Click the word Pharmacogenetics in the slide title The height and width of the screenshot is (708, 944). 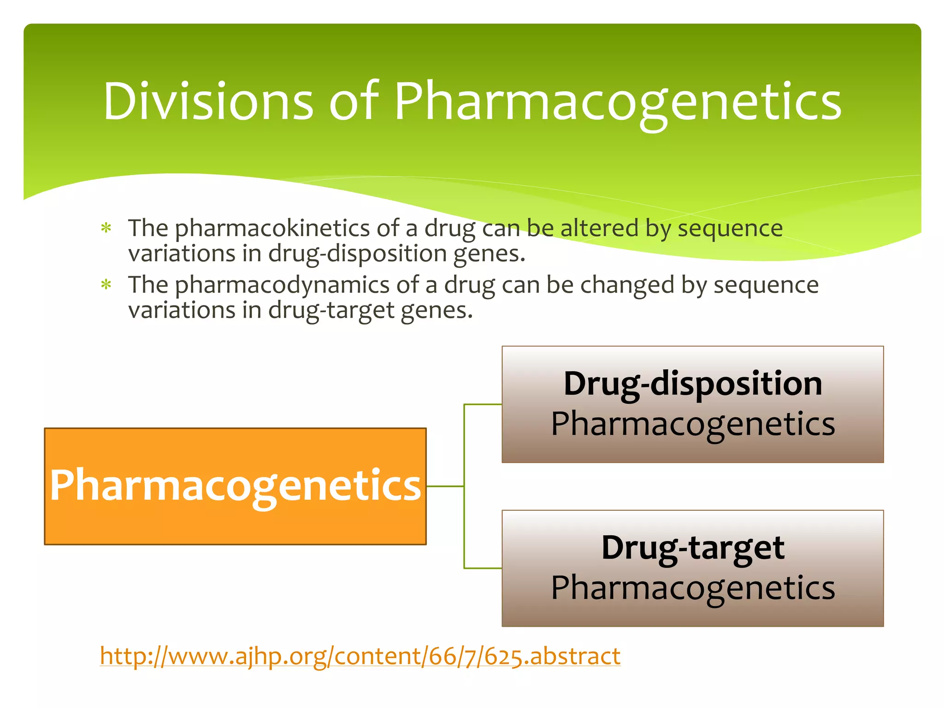click(618, 102)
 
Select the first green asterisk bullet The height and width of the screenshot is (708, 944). click(106, 229)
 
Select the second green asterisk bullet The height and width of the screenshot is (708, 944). click(106, 285)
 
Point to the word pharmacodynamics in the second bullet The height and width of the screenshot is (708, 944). click(282, 285)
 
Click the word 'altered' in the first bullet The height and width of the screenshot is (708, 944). click(599, 228)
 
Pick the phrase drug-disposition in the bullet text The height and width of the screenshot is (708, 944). click(357, 254)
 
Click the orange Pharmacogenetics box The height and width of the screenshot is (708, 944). click(235, 486)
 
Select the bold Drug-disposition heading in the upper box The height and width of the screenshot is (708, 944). click(692, 384)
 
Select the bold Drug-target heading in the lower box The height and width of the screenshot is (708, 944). click(692, 548)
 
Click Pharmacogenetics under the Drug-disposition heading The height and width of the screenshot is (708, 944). click(692, 424)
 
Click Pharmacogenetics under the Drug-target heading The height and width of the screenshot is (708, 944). click(692, 588)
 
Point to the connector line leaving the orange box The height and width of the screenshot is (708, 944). click(445, 486)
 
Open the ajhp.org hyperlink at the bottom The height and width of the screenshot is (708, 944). click(360, 656)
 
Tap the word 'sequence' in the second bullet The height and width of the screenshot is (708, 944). click(766, 285)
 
